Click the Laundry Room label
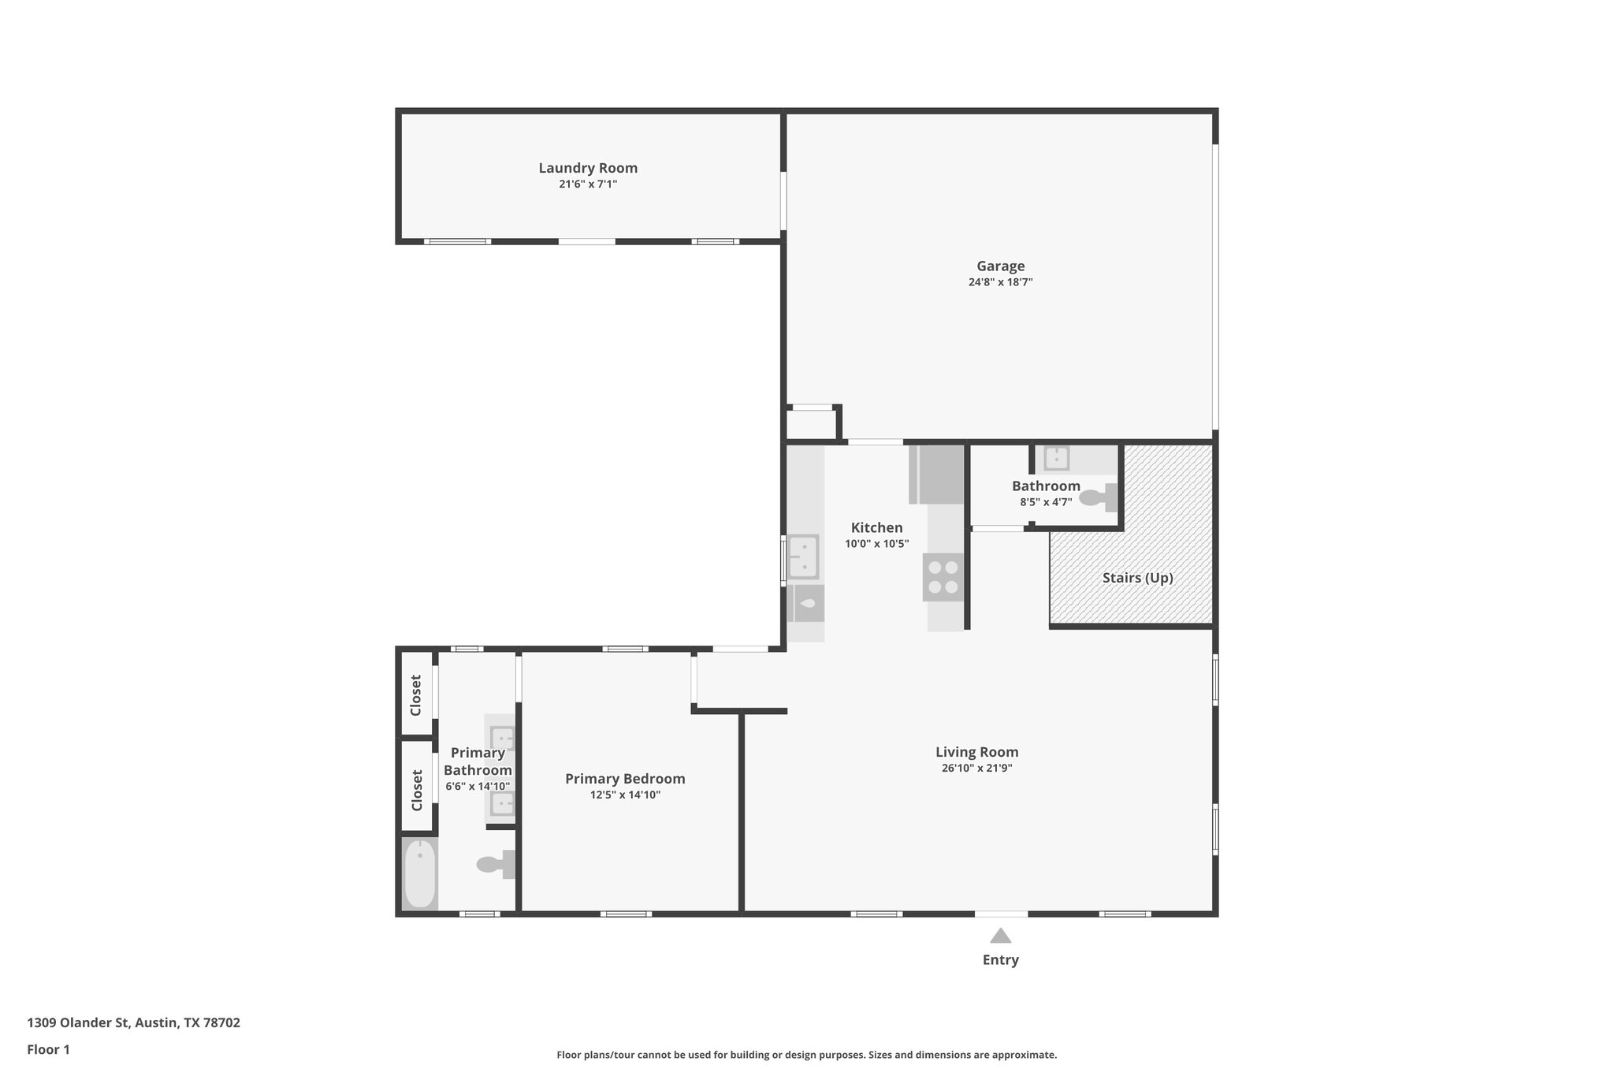(x=588, y=168)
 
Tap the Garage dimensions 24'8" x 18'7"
(x=1000, y=282)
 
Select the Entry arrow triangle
(x=1000, y=936)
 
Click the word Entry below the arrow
(x=1000, y=960)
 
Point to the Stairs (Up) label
(x=1137, y=578)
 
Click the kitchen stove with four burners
(x=943, y=577)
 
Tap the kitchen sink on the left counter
(x=804, y=557)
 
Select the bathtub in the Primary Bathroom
(x=419, y=873)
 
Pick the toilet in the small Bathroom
(x=1098, y=497)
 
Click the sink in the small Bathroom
(x=1056, y=457)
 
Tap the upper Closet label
(x=416, y=694)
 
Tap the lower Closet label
(x=417, y=789)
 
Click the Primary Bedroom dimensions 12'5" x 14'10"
(x=625, y=795)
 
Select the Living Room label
(x=976, y=752)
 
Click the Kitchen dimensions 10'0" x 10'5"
(x=876, y=544)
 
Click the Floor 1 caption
(x=48, y=1049)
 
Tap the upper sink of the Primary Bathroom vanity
(x=502, y=739)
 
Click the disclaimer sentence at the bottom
(x=806, y=1055)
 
